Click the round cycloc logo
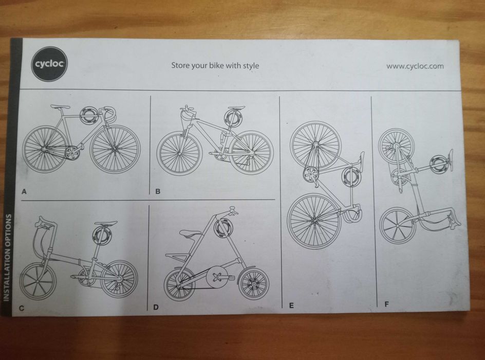[49, 64]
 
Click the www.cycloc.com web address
[415, 66]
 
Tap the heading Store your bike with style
[215, 66]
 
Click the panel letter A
[24, 191]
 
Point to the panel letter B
[158, 191]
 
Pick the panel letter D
[156, 308]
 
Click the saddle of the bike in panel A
[60, 106]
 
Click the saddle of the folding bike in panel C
[106, 224]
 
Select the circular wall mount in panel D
[224, 227]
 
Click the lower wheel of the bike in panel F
[397, 225]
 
